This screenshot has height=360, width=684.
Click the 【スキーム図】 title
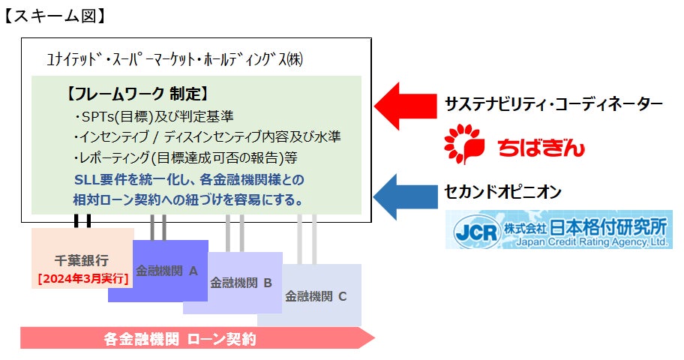55,14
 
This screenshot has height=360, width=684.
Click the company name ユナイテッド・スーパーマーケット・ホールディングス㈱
174,58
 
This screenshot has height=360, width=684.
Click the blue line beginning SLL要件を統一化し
188,180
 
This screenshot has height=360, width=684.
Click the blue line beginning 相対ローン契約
188,200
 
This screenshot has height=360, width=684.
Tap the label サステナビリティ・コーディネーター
553,104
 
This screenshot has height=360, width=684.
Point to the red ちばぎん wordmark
541,147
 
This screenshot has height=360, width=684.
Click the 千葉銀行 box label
82,260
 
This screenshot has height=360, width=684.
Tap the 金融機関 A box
166,270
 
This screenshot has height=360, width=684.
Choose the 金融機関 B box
241,283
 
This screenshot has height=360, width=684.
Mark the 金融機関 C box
316,295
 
